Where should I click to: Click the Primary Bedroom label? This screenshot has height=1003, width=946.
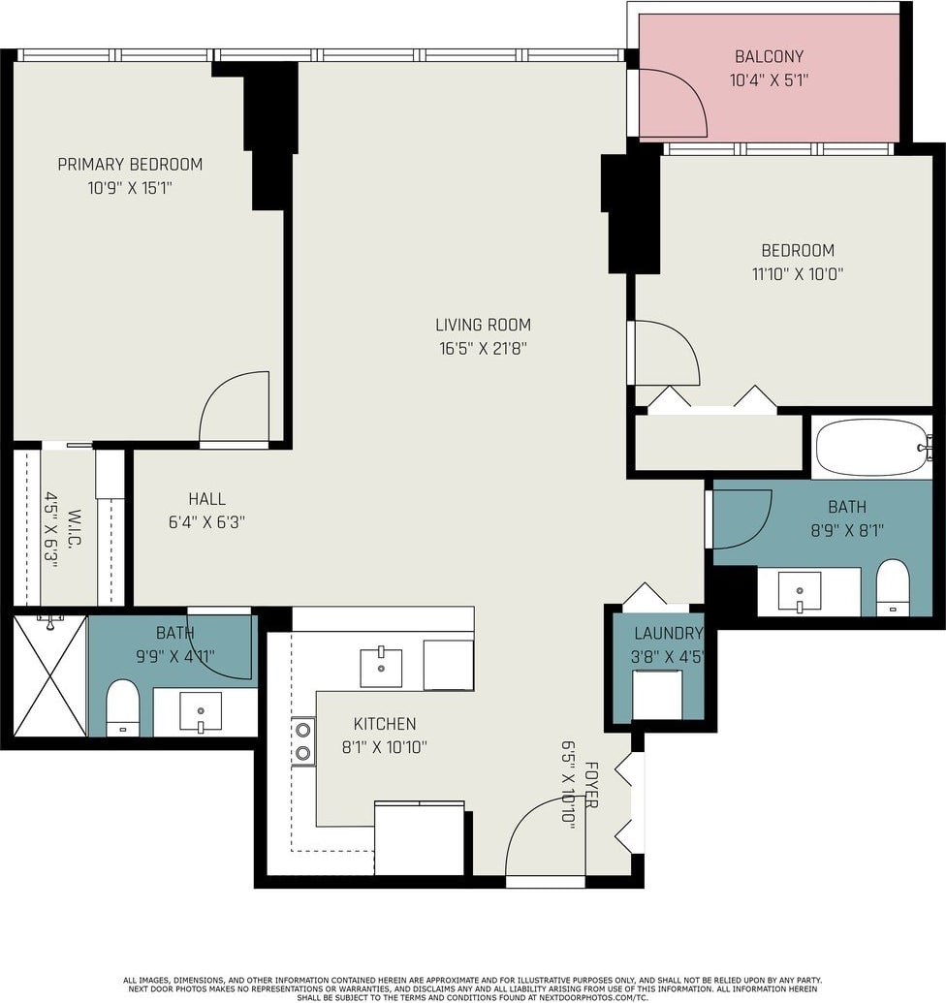click(x=130, y=165)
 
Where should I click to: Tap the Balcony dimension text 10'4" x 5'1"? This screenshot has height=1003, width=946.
click(x=769, y=80)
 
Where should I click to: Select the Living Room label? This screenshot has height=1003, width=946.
click(x=483, y=325)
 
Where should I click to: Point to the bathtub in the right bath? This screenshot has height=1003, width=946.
click(x=871, y=447)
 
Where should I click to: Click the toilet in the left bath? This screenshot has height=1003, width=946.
click(x=122, y=707)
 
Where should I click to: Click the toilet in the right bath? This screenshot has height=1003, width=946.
click(x=893, y=587)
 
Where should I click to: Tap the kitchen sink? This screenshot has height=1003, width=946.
click(x=381, y=668)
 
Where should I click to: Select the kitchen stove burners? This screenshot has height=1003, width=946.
click(x=303, y=740)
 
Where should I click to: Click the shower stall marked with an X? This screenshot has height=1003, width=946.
click(x=49, y=675)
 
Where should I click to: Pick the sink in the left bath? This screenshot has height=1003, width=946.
click(x=201, y=711)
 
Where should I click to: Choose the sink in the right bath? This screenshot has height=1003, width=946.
click(x=800, y=592)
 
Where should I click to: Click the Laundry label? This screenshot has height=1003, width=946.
click(x=669, y=633)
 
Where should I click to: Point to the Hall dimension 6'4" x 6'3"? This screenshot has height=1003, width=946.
click(x=206, y=522)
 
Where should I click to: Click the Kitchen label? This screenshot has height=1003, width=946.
click(x=385, y=724)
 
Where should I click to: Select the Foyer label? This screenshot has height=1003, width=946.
click(x=591, y=785)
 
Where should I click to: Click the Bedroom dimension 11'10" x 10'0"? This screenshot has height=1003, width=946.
click(x=798, y=274)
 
